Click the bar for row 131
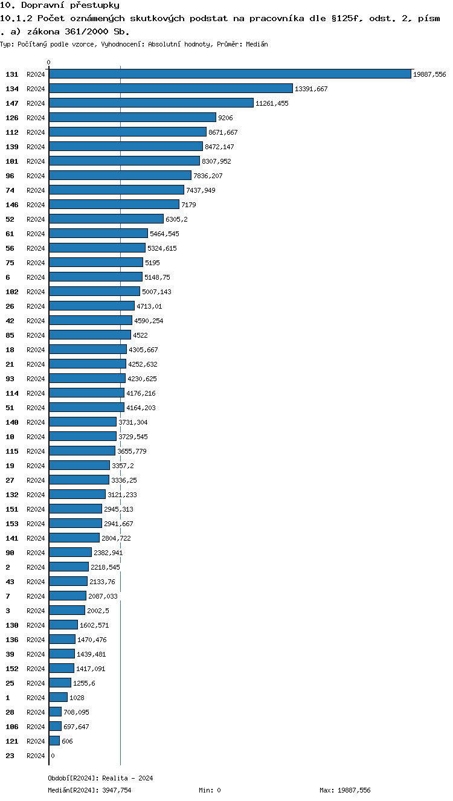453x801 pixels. pos(230,74)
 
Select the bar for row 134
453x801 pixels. pos(171,88)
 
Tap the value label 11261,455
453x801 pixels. pos(272,103)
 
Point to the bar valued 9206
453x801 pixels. pos(133,117)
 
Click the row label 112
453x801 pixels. pos(12,132)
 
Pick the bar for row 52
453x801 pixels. pos(106,219)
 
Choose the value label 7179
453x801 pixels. pos(188,205)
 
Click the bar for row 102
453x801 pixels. pos(94,291)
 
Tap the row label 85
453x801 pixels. pos(10,335)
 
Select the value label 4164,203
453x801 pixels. pos(141,408)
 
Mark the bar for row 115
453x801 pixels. pos(82,451)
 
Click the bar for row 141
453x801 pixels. pos(74,538)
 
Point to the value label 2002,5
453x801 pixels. pos(98,611)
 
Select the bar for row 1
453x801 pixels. pos(58,697)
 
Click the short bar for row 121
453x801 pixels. pos(54,741)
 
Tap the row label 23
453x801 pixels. pos(10,756)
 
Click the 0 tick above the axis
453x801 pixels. pos(49,63)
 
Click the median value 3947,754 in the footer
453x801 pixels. pos(117,790)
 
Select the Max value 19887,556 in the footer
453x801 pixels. pos(355,790)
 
